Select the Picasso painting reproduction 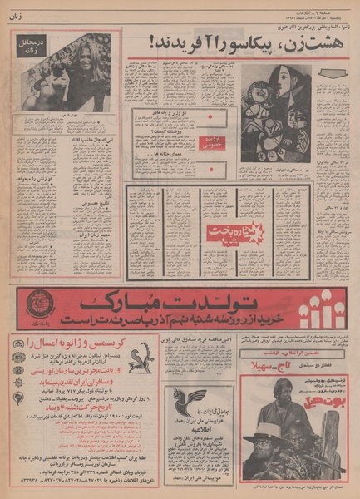276,112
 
